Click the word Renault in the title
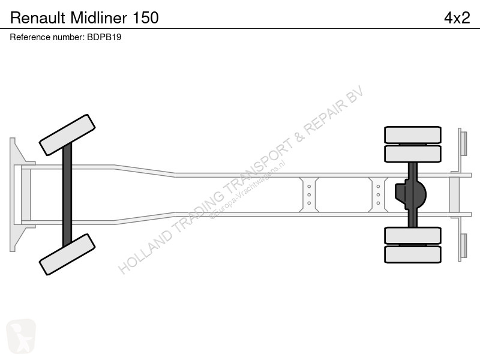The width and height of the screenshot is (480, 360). click(x=38, y=18)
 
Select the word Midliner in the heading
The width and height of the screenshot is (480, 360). click(x=99, y=18)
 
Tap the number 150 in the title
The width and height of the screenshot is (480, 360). click(x=146, y=18)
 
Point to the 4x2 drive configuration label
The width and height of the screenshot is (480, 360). click(x=457, y=18)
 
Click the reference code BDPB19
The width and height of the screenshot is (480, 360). click(x=104, y=37)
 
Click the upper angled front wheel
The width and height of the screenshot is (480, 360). click(x=67, y=135)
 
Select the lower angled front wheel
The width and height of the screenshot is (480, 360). click(x=67, y=254)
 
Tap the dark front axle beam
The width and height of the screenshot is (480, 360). click(x=67, y=194)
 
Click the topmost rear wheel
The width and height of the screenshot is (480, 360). click(x=413, y=134)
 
